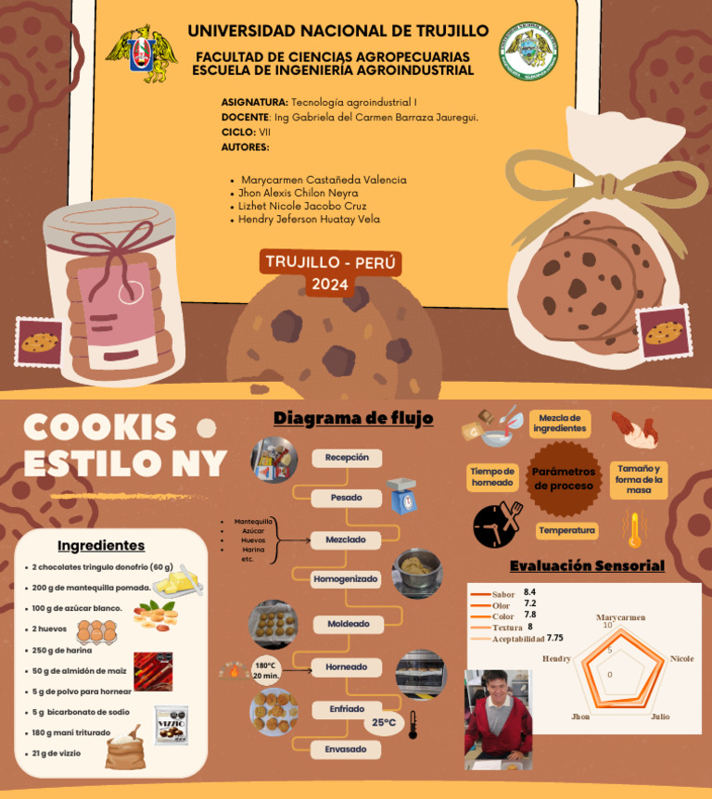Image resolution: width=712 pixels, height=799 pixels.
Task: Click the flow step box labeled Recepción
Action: [x=347, y=457]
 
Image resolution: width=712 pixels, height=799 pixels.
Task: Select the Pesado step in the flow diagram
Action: [x=347, y=498]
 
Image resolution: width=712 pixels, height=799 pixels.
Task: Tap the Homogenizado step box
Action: [x=346, y=579]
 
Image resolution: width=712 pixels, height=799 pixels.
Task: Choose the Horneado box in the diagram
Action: [x=347, y=666]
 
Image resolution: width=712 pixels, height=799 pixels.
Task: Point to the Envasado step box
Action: [x=346, y=749]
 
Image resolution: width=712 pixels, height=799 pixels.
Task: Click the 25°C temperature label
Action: [x=384, y=722]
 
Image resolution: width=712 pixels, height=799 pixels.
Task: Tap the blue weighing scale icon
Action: [x=401, y=495]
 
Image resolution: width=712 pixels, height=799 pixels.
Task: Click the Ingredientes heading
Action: [x=101, y=545]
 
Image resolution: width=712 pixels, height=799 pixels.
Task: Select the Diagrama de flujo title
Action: [x=353, y=419]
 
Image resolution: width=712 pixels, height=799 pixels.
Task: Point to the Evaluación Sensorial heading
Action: [x=587, y=565]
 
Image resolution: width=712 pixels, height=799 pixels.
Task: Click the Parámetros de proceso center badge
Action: [x=564, y=478]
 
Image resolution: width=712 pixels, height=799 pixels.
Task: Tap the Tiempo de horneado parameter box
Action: [x=492, y=476]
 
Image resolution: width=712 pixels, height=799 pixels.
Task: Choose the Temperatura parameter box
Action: [x=566, y=530]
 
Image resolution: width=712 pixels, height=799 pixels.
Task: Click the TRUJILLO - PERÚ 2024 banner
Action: [x=330, y=273]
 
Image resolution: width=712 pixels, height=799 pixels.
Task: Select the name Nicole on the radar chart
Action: [x=681, y=659]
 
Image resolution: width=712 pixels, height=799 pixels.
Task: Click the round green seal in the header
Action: [x=528, y=51]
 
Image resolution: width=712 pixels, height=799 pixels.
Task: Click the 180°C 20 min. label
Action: [x=265, y=670]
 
